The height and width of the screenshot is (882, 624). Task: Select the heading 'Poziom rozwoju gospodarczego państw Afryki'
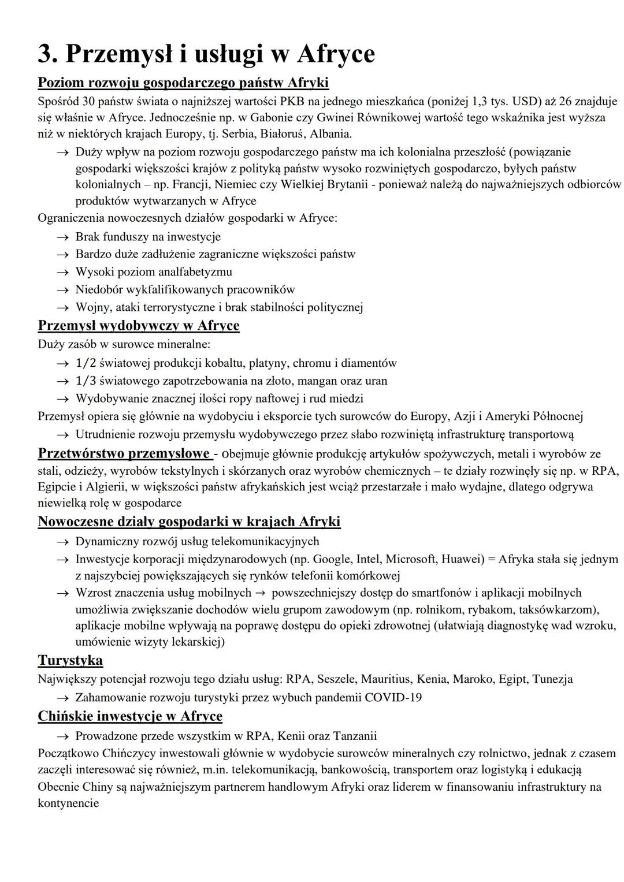(x=183, y=83)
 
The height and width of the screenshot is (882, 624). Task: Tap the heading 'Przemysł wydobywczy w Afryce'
(x=139, y=326)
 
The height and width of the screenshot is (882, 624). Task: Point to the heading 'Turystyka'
(x=70, y=660)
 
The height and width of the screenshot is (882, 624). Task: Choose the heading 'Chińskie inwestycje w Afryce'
(x=130, y=716)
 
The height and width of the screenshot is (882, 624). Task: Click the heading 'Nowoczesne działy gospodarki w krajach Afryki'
(x=189, y=522)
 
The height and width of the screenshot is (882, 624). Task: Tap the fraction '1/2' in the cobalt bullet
(x=86, y=363)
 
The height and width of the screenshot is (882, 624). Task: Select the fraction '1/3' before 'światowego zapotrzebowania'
(x=86, y=381)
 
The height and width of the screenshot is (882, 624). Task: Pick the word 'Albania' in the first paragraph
(x=330, y=134)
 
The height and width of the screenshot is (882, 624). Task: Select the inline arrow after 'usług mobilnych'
(x=261, y=593)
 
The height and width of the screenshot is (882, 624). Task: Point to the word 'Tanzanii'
(x=355, y=736)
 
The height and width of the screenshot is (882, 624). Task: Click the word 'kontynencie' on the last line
(x=68, y=803)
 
